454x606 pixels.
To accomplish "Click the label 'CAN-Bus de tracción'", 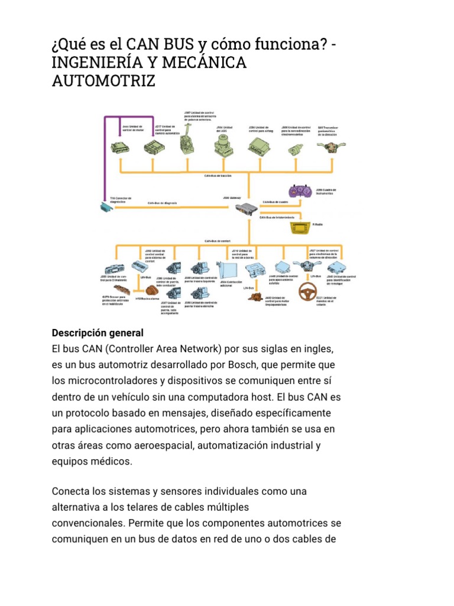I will tap(218, 176).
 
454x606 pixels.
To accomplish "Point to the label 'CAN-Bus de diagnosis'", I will tap(162, 203).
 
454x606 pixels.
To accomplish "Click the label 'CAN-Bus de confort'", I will tap(217, 241).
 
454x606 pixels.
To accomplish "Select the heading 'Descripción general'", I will tap(98, 333).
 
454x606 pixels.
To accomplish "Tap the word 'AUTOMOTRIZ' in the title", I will tap(103, 80).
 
